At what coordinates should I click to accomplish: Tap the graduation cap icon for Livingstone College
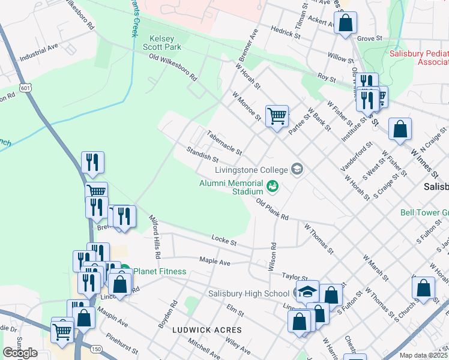click(296, 169)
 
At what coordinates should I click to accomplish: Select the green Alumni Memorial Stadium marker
click(273, 187)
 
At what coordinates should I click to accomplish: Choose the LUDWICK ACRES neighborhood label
click(206, 330)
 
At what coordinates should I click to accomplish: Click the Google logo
click(20, 353)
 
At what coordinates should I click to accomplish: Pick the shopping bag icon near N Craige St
click(400, 129)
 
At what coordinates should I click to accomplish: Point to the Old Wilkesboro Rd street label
click(173, 67)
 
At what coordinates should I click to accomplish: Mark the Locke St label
click(224, 240)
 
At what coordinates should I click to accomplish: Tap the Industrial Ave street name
click(38, 52)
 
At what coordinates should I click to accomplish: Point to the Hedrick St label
click(285, 31)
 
